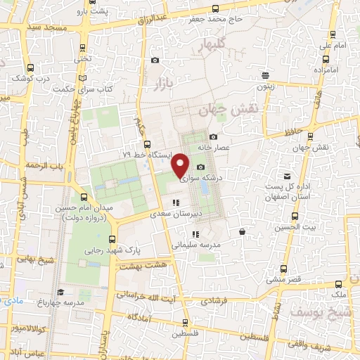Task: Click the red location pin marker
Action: (x=181, y=165)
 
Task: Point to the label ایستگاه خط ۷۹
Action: (x=146, y=154)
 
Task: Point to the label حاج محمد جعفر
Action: (x=216, y=19)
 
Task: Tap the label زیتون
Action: (x=265, y=86)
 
